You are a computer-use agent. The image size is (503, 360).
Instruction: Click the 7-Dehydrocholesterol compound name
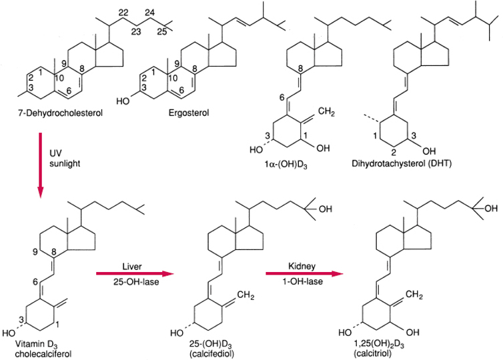point(60,113)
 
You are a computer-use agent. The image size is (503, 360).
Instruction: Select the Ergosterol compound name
point(189,113)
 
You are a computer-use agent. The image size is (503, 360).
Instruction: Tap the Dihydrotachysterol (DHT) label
point(402,164)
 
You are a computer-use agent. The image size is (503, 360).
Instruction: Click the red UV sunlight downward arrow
point(41,165)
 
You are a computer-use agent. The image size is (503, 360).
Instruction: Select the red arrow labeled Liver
point(135,273)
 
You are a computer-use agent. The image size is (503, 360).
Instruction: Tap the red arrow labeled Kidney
point(304,273)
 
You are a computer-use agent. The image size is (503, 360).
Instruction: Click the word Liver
point(132,267)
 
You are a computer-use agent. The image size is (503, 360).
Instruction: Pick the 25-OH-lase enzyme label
point(136,282)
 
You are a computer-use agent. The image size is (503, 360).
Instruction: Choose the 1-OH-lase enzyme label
point(302,282)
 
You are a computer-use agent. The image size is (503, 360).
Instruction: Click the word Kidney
point(302,266)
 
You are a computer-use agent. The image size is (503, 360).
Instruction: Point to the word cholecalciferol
point(43,354)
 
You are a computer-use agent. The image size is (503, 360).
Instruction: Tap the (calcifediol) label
point(211,354)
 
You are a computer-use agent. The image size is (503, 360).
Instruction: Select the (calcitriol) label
point(373,353)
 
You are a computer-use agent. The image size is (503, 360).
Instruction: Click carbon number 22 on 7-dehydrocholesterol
point(123,13)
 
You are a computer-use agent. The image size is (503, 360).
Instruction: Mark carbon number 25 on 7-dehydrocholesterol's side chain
point(162,32)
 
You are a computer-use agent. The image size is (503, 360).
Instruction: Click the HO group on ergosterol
point(123,101)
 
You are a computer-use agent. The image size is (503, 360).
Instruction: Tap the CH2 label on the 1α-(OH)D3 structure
point(327,112)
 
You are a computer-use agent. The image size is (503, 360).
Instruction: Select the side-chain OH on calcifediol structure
point(326,209)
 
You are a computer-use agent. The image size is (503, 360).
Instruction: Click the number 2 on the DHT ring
point(394,152)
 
